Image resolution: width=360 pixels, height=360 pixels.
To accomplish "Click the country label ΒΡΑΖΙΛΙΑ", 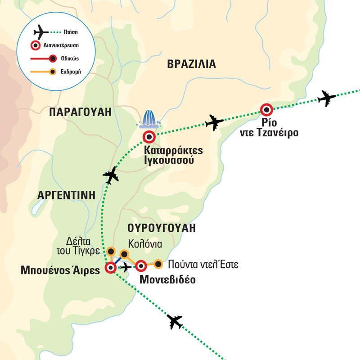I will click(x=191, y=64).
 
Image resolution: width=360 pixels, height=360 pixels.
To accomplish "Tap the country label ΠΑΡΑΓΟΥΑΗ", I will click(x=80, y=112).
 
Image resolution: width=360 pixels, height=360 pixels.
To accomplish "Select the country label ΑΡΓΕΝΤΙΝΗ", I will click(x=67, y=195).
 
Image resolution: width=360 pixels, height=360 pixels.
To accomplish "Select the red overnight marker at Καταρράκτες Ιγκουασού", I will click(x=149, y=136).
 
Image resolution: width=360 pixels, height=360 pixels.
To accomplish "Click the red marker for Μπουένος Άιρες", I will click(x=110, y=268).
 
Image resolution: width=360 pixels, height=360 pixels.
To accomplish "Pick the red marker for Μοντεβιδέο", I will click(x=141, y=265).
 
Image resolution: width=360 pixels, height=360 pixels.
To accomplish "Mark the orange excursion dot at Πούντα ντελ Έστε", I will click(x=158, y=264).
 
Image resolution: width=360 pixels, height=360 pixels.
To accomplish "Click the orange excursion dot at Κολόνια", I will click(x=125, y=254).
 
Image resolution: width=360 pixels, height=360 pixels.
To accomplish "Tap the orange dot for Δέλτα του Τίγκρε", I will click(x=111, y=251).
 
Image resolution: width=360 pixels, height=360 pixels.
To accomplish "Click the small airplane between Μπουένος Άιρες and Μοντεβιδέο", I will click(x=126, y=268).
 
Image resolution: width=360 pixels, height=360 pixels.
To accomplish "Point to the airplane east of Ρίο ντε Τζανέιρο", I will click(x=327, y=98).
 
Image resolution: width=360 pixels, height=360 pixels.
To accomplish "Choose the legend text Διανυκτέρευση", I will click(x=63, y=45).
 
